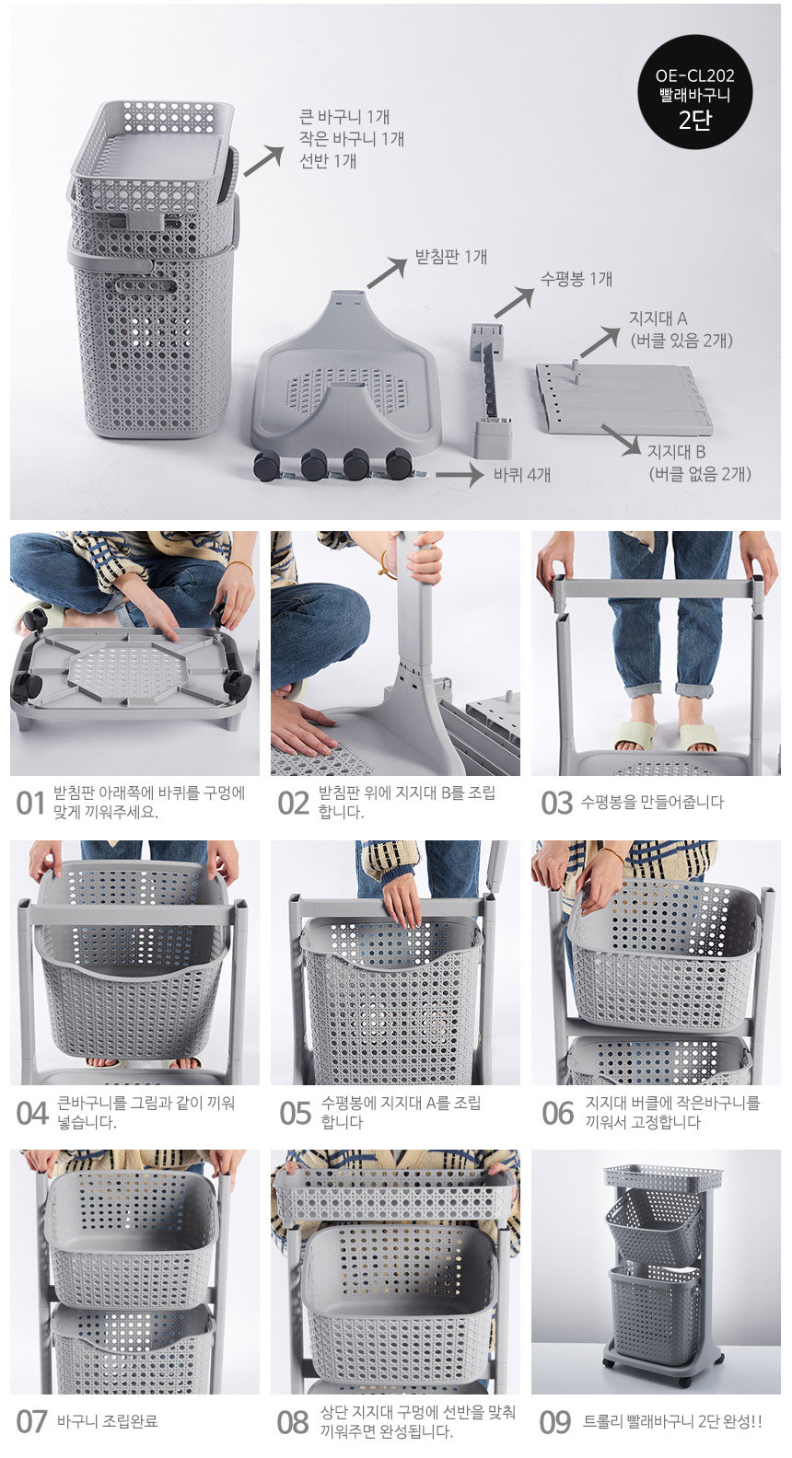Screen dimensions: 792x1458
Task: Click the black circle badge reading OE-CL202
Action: click(x=695, y=92)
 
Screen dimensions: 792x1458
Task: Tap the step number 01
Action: click(x=30, y=804)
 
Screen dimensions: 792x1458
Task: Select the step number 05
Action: click(x=295, y=1114)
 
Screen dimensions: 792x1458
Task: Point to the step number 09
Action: click(x=555, y=1423)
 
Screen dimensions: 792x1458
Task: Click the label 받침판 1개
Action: click(x=451, y=257)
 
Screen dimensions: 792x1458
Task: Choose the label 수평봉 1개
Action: click(x=577, y=279)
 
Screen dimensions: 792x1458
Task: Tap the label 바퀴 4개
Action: click(x=521, y=475)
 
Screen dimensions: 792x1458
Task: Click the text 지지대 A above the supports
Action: click(x=658, y=318)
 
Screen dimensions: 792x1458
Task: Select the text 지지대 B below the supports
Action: click(x=676, y=452)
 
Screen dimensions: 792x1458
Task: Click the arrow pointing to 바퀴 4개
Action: click(x=460, y=475)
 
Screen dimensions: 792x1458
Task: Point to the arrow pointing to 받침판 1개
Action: click(x=387, y=272)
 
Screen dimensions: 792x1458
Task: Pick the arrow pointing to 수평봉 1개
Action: click(x=514, y=304)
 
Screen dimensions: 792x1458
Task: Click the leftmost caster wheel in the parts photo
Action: click(x=267, y=466)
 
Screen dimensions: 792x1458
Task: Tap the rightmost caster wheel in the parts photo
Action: click(x=399, y=463)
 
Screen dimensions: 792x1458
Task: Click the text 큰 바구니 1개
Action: click(x=344, y=117)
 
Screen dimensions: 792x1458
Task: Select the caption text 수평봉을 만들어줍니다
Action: click(x=652, y=802)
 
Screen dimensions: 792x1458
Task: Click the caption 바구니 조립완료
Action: click(x=108, y=1421)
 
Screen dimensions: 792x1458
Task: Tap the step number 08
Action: click(x=293, y=1423)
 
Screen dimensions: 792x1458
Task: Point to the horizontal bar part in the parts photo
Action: click(x=491, y=390)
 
